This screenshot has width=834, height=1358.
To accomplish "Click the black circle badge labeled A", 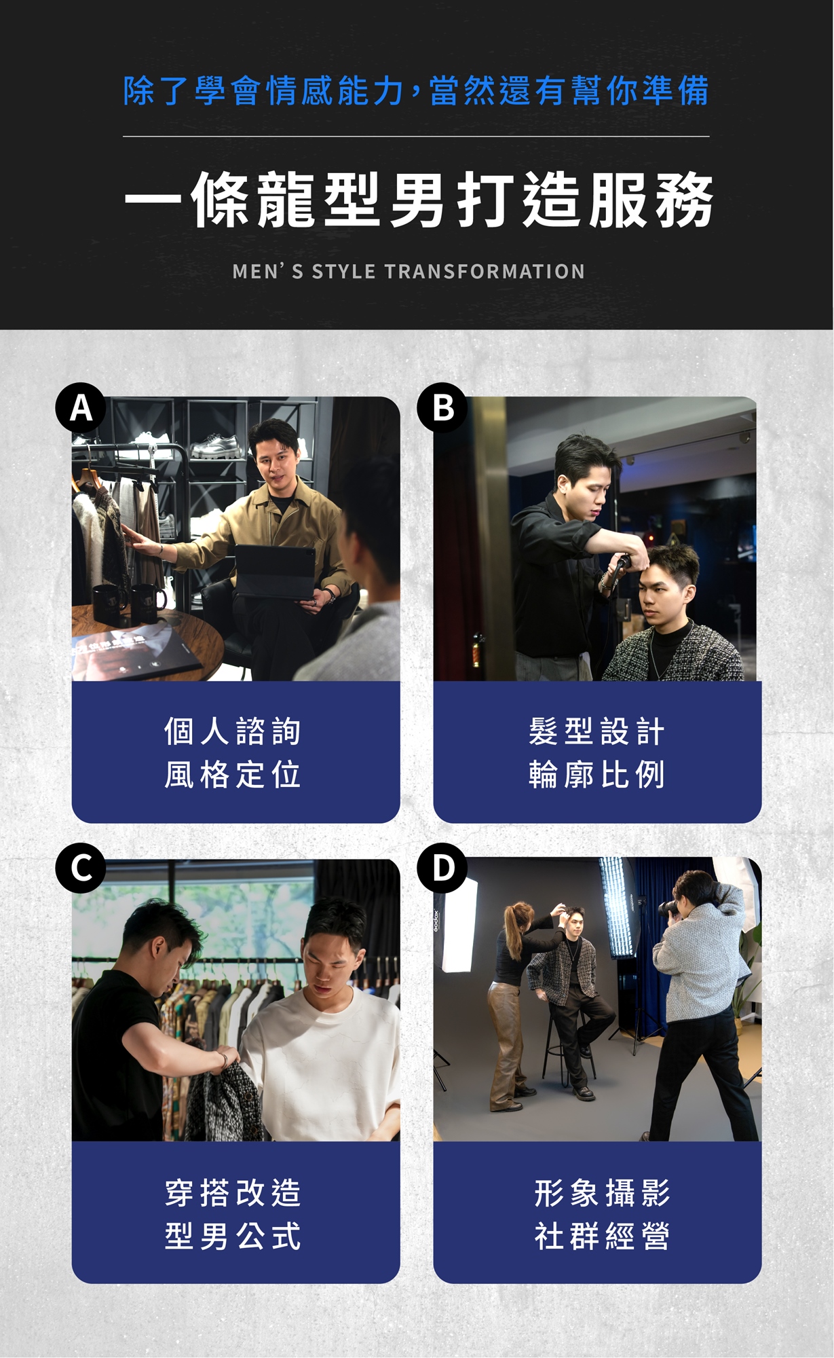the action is [x=81, y=408].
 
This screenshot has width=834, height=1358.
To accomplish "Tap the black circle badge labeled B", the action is [x=442, y=408].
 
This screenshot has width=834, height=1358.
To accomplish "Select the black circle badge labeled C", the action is [x=81, y=868].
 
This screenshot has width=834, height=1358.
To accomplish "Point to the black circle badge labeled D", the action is [x=442, y=868].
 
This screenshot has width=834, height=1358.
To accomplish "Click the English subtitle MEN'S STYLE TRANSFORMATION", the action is [x=409, y=272].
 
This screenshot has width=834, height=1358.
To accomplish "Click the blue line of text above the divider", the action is [x=416, y=91].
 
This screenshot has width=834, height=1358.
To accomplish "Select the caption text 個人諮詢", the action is [x=233, y=731].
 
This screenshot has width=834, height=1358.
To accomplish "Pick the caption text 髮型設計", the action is [x=596, y=731].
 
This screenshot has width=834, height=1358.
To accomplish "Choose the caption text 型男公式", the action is [x=233, y=1236].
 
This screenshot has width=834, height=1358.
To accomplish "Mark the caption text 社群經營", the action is [x=602, y=1236].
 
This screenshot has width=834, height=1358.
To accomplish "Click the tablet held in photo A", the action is [x=274, y=572].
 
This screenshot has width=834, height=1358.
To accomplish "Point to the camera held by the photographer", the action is [x=672, y=906].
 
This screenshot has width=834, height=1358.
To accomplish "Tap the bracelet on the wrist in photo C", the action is [x=222, y=1059].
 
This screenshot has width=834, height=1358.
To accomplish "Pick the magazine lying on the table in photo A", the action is [x=136, y=655].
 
